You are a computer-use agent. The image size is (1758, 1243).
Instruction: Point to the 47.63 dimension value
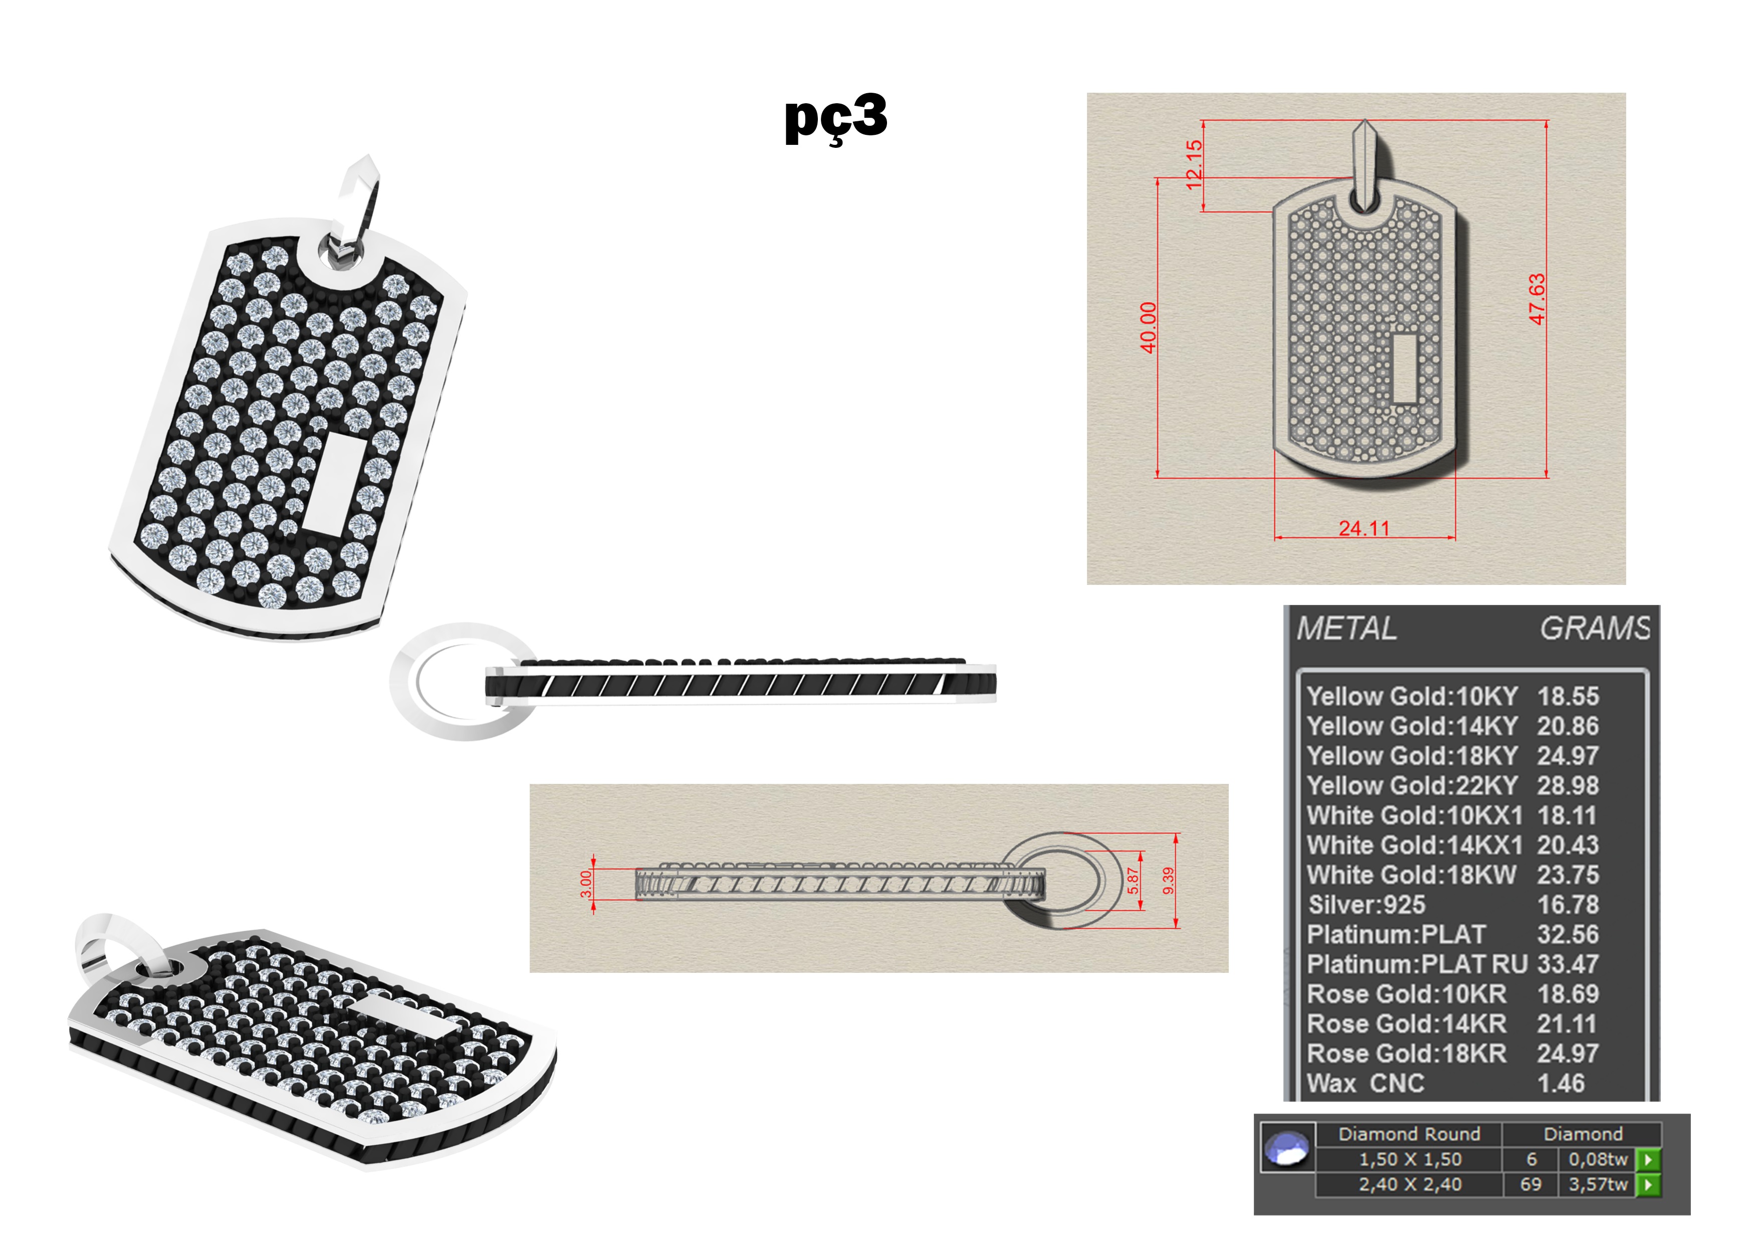tap(1536, 299)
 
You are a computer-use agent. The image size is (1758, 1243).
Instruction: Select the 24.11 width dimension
tap(1364, 528)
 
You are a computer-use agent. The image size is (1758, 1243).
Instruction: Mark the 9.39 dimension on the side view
tap(1169, 881)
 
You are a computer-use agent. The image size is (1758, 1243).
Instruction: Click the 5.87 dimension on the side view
tap(1133, 881)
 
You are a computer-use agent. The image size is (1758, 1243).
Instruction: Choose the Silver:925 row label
tap(1367, 905)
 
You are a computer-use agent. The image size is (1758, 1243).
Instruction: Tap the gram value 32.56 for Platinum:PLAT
tap(1568, 934)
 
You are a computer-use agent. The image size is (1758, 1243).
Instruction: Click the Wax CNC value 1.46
tap(1561, 1083)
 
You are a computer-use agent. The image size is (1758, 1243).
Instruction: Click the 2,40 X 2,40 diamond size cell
tap(1410, 1184)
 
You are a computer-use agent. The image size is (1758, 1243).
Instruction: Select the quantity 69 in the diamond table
tap(1530, 1184)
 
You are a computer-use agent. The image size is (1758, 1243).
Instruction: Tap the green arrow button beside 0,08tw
tap(1648, 1159)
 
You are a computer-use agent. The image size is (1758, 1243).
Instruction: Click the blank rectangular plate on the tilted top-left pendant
tap(335, 483)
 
